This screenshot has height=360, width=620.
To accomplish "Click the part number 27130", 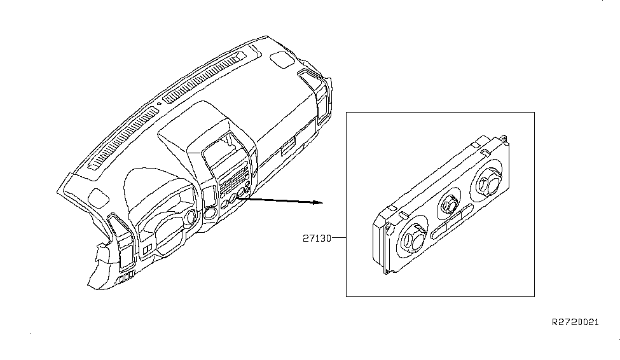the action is (317, 239).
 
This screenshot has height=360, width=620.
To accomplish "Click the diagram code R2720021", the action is (575, 322).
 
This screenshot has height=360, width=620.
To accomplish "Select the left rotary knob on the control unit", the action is (411, 239).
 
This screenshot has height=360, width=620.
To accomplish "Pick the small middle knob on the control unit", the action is (449, 204).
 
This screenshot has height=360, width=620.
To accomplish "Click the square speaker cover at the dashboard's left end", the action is (99, 197).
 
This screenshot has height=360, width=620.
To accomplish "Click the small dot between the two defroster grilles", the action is (159, 104).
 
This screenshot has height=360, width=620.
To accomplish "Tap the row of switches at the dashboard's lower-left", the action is (126, 276).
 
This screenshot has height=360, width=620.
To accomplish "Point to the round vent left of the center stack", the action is (210, 213).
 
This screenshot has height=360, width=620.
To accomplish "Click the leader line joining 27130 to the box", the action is (339, 238).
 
